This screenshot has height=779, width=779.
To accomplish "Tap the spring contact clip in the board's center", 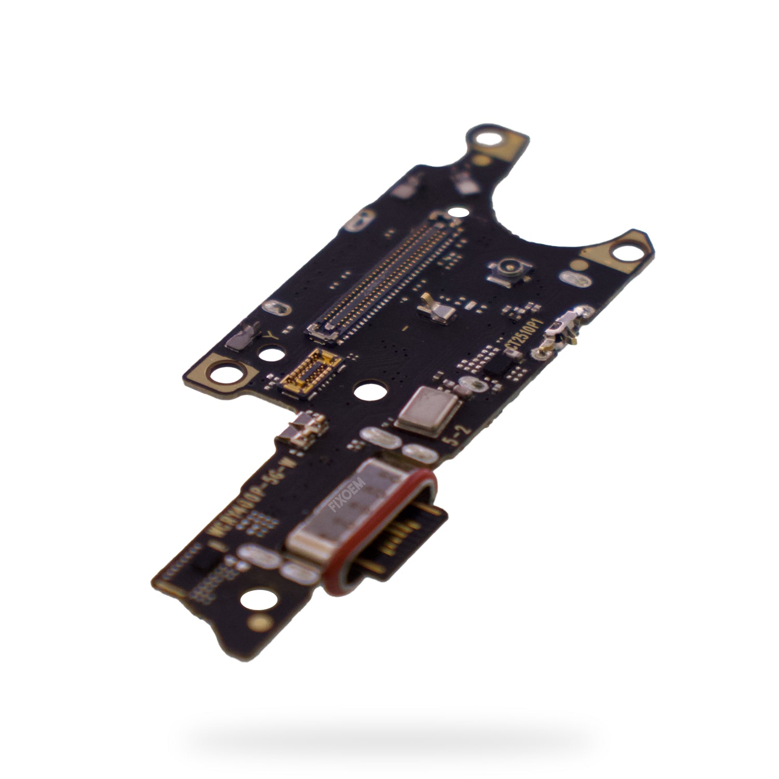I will pyautogui.click(x=435, y=310).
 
